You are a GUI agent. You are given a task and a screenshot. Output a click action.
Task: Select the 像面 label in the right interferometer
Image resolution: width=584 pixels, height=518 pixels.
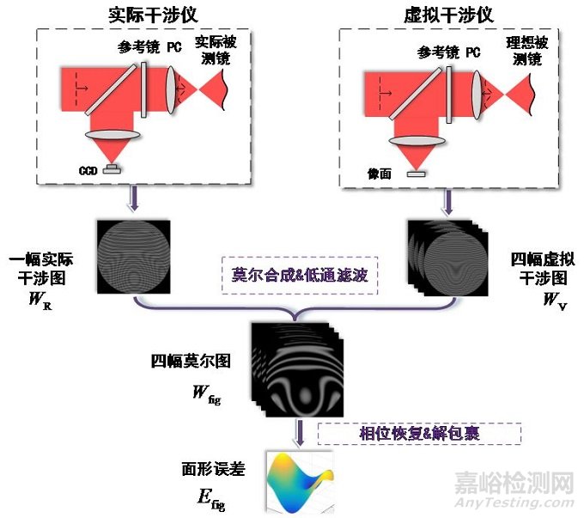tap(378, 174)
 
